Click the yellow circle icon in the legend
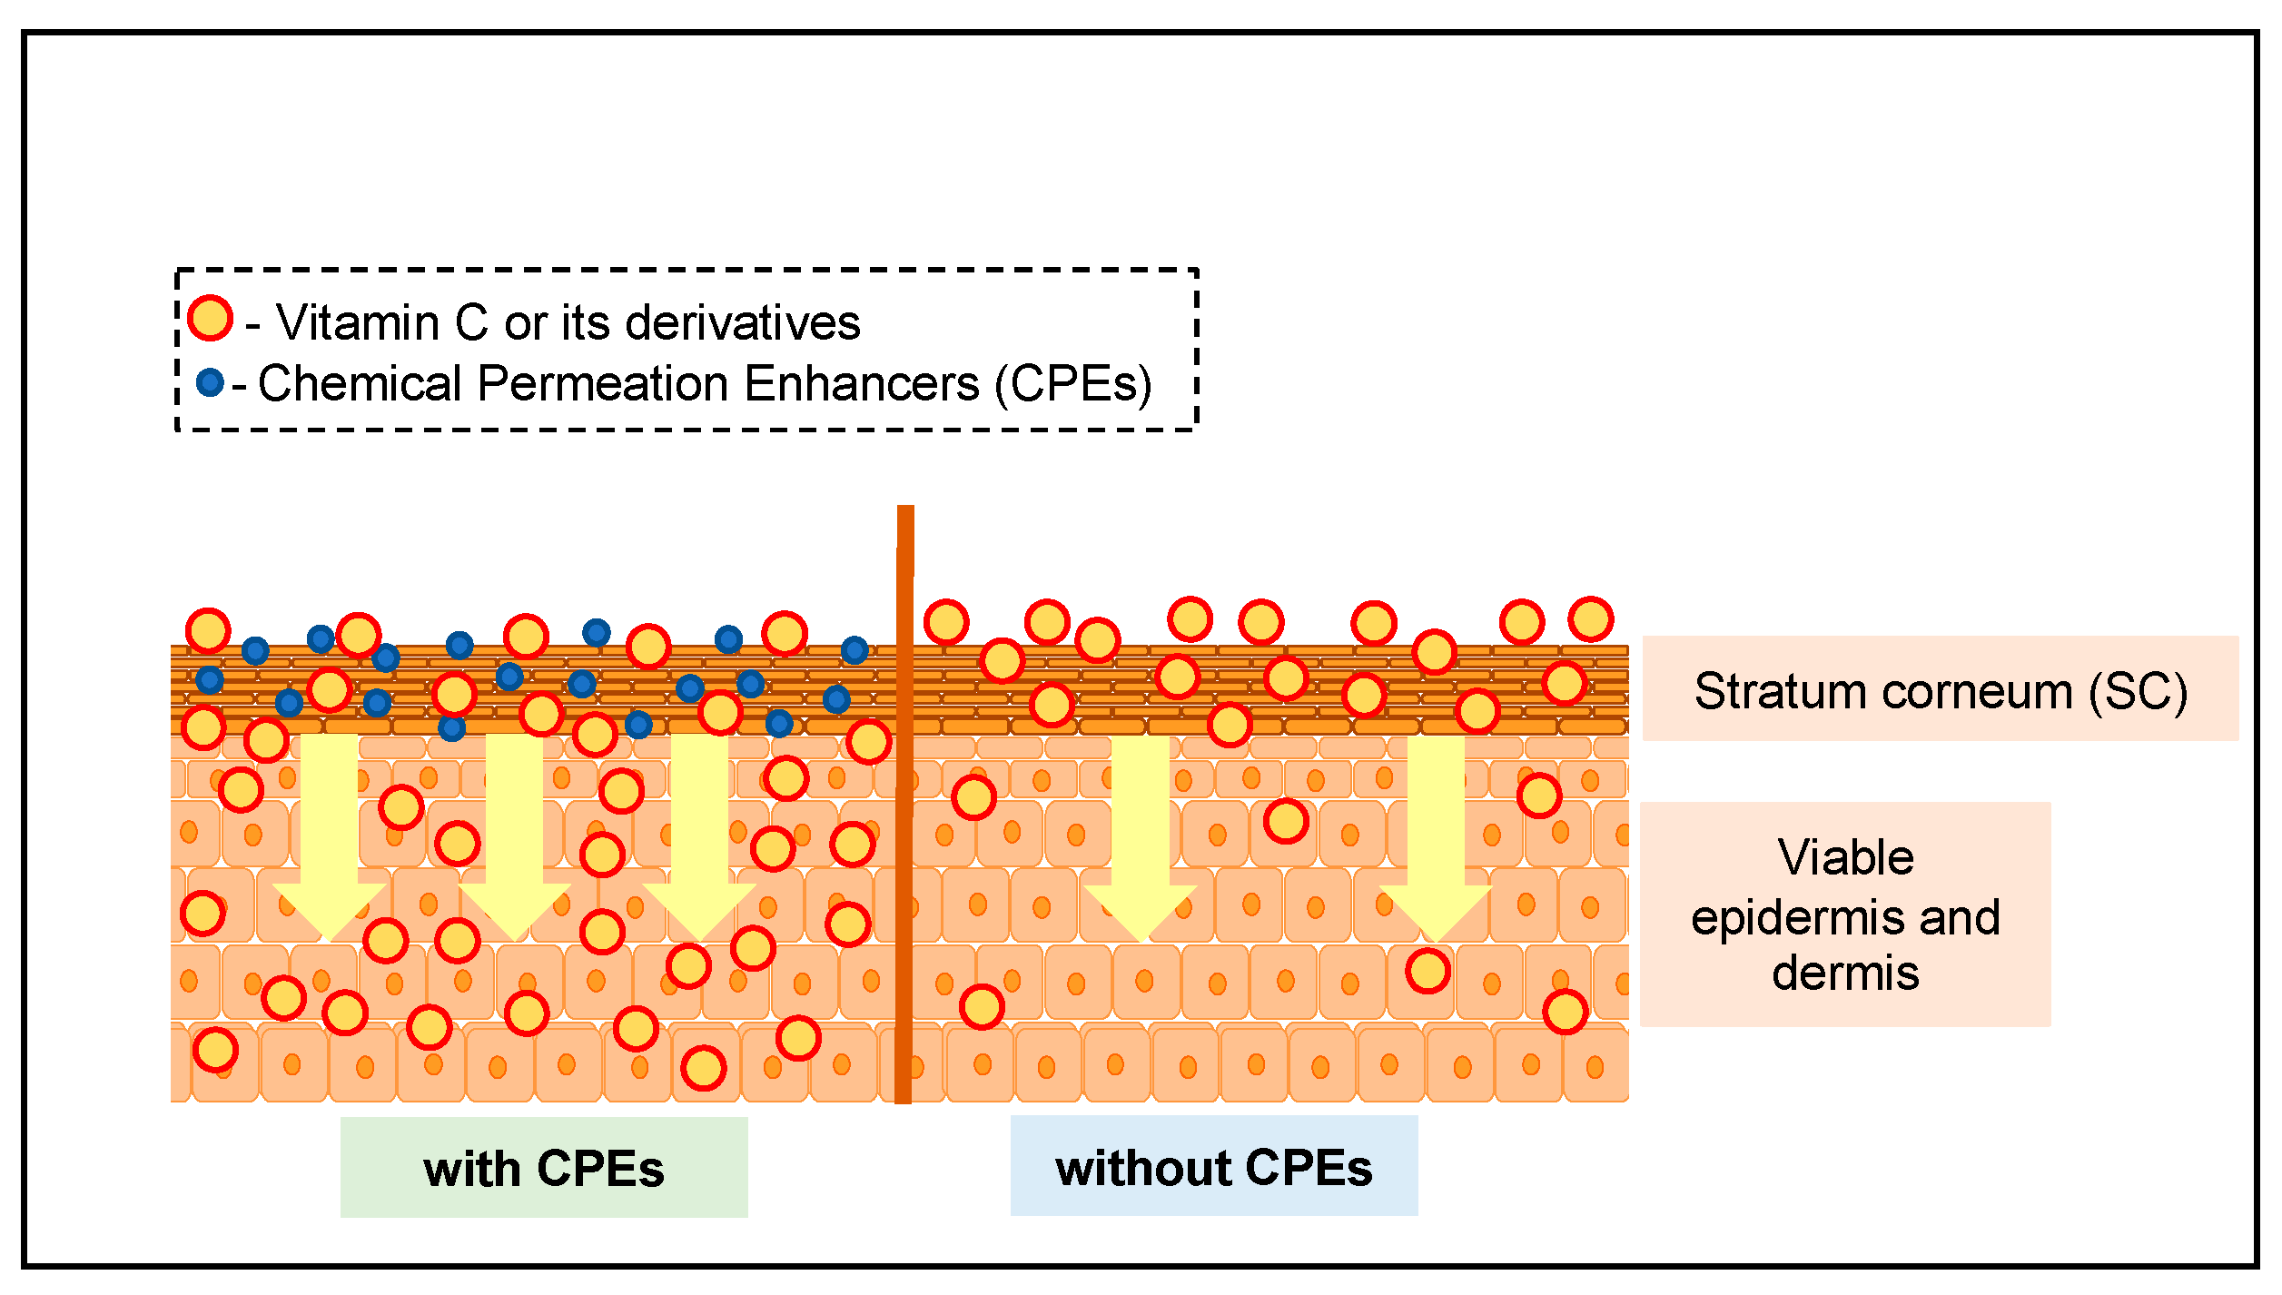coord(210,319)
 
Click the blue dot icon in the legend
coord(210,382)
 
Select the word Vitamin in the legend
coord(358,322)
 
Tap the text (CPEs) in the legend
coord(1073,383)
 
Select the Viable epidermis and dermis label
coord(1844,914)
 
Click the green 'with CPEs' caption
coord(544,1168)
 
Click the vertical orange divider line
coord(904,817)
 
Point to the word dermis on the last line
coord(1844,974)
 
